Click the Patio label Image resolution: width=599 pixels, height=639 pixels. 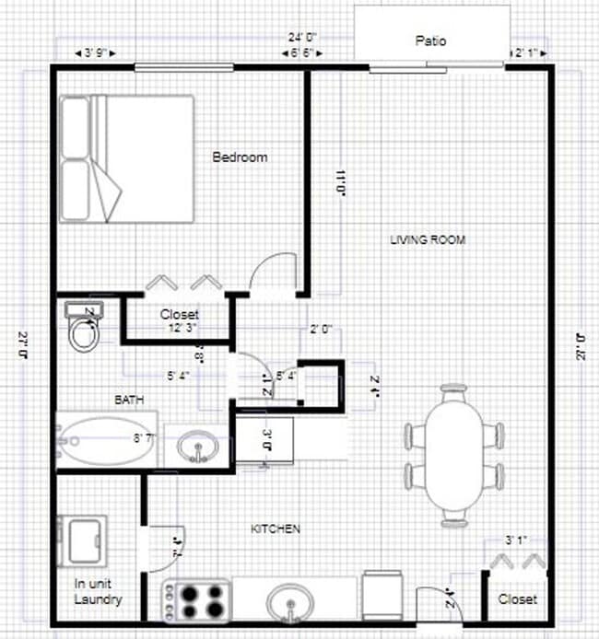coord(430,41)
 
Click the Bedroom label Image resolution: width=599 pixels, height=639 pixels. coord(240,157)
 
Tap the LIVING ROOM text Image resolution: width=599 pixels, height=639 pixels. coord(428,240)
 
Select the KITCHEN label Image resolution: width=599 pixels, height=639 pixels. coord(276,529)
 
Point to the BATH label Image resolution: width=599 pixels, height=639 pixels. coord(127,400)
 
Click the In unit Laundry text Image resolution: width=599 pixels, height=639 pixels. coord(98,591)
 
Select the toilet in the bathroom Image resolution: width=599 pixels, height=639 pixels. coord(85,328)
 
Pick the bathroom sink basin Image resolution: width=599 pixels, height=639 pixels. coord(197,447)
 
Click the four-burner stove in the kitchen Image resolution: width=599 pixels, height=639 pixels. coord(197,601)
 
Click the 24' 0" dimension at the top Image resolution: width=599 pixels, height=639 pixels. coord(303,39)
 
